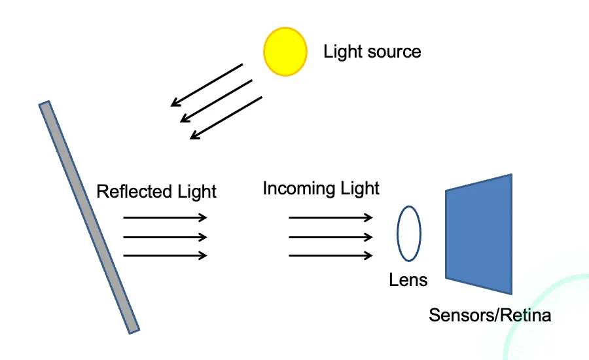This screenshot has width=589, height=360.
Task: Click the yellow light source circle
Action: [x=285, y=51]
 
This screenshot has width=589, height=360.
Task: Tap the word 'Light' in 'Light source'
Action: [x=342, y=52]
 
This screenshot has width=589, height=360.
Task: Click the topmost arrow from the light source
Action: [x=207, y=84]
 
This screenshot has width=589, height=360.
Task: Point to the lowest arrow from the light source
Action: [x=226, y=118]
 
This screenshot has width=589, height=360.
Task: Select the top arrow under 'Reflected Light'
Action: [x=165, y=217]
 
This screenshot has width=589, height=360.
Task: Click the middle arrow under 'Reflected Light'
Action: [x=165, y=237]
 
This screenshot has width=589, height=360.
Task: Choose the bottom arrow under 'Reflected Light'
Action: [x=165, y=255]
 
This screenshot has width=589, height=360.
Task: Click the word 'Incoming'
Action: [x=298, y=189]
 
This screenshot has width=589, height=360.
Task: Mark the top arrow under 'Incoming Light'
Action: [x=330, y=217]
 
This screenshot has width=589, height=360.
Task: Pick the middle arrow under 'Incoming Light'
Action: [x=330, y=237]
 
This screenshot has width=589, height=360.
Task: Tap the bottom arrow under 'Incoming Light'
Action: [x=330, y=255]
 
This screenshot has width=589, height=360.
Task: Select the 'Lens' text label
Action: [x=408, y=281]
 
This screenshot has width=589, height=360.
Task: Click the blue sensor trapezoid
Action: [x=479, y=234]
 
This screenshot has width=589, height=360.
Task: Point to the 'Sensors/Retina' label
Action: [x=490, y=315]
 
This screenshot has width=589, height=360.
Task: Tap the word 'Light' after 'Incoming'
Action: [x=359, y=189]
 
